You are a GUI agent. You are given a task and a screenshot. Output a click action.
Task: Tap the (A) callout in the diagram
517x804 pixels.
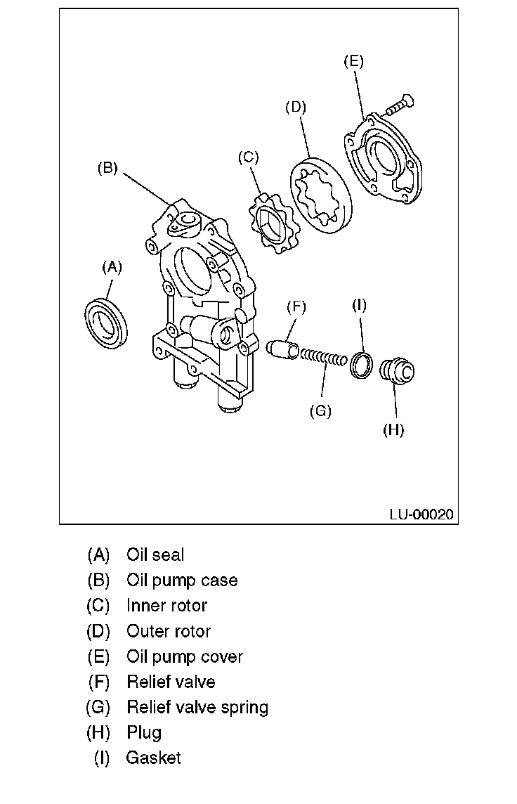[x=112, y=266]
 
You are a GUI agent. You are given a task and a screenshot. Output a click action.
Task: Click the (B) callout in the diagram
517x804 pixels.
[x=107, y=169]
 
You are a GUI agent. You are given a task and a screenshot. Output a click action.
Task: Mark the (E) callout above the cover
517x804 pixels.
[x=353, y=61]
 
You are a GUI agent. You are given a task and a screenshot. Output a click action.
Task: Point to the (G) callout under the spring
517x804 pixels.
[x=320, y=411]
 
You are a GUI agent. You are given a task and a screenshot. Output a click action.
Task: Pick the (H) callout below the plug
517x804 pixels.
[x=393, y=429]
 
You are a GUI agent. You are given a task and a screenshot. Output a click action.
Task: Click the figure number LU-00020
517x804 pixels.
[x=421, y=514]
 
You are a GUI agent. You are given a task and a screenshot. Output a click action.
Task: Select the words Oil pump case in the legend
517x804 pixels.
[x=182, y=581]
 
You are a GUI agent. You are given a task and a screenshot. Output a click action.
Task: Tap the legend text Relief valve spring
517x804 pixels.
[x=197, y=707]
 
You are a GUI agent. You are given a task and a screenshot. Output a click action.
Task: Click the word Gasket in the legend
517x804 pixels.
[x=153, y=758]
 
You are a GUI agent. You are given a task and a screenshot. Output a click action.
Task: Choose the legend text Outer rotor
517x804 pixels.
[x=169, y=631]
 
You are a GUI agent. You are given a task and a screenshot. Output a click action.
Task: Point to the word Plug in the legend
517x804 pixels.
[x=144, y=732]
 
